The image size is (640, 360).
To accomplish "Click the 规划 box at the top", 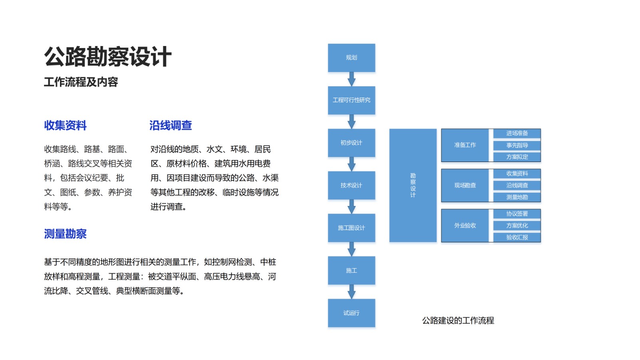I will pos(351,58).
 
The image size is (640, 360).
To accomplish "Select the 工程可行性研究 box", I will pos(351,100).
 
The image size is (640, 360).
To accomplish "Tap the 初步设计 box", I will pos(351,143).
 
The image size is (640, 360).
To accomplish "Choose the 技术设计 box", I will pos(351,185).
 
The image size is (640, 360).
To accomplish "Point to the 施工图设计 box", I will pos(351,228).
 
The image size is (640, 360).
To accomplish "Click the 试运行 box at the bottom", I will pos(351,313).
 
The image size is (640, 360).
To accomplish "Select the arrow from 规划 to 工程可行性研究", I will pos(351,79).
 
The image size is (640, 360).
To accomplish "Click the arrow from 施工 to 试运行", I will pos(351,292).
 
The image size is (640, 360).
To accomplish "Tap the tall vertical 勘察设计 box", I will pos(413,185).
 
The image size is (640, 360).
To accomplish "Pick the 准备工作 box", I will pos(465,145).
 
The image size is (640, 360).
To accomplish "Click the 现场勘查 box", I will pos(465,185).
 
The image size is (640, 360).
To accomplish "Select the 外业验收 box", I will pos(465,226).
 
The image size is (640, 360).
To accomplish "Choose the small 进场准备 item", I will pos(517,133).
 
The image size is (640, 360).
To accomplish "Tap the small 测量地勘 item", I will pos(517,197).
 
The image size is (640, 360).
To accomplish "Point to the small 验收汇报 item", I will pos(517,237).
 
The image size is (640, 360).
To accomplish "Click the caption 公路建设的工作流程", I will pos(458,320).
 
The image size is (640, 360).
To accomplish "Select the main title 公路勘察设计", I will pos(108,56).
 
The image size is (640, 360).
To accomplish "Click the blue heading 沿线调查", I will pos(170,126).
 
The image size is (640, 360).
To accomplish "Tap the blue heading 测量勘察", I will pos(65,234).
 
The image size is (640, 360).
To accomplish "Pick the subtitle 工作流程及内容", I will pos(81,82).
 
